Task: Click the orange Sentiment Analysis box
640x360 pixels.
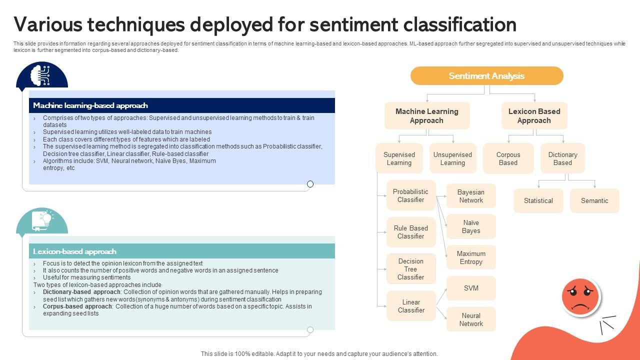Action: click(486, 76)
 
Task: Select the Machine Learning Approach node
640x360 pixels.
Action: click(427, 116)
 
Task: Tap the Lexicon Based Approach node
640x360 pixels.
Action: click(534, 116)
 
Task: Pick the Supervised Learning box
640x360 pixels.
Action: click(399, 158)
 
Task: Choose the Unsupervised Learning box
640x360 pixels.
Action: click(452, 158)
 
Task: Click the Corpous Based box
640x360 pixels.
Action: click(508, 158)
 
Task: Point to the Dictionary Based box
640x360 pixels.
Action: click(562, 158)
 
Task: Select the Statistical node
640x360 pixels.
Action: click(538, 200)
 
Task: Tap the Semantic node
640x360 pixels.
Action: click(594, 200)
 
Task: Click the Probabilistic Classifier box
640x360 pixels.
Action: click(410, 195)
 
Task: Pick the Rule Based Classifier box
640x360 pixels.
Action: click(410, 232)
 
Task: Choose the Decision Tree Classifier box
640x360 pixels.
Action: click(410, 269)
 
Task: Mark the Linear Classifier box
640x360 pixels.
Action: click(410, 306)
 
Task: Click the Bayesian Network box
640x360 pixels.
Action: click(471, 196)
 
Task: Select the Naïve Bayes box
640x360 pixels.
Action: click(471, 226)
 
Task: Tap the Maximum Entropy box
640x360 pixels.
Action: click(471, 257)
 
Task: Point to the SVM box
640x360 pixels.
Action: click(471, 288)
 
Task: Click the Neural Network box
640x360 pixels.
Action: click(471, 319)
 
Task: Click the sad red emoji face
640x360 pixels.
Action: click(580, 297)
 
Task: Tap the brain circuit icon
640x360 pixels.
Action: click(41, 75)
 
